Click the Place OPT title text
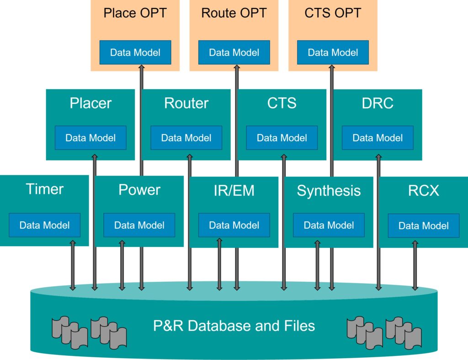coord(135,13)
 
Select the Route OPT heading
coord(234,13)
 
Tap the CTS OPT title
coord(333,13)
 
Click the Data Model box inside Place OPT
coord(135,52)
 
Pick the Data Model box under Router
coord(186,138)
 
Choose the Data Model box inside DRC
coord(378,138)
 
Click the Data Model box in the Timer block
coord(44,225)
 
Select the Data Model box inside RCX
coord(424,226)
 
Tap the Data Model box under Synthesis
coord(329,225)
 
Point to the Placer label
coord(90,103)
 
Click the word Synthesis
coord(329,191)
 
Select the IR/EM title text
coord(234,191)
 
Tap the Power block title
coord(139,190)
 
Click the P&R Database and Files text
coord(234,326)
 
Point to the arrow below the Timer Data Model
coord(73,265)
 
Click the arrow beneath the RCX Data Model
coord(415,265)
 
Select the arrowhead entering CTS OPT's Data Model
coord(332,67)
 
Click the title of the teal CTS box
coord(282,103)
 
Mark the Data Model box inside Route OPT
coord(234,52)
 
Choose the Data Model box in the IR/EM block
coord(234,225)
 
